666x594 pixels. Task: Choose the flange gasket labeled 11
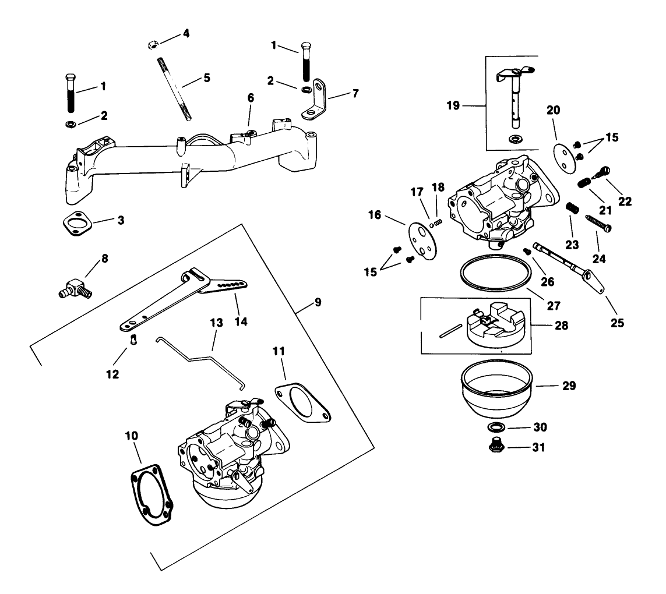point(302,401)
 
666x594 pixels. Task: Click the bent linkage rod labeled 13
point(201,358)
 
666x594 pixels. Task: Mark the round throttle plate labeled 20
point(563,150)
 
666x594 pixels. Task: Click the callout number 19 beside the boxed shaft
point(453,105)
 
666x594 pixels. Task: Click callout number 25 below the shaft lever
point(616,321)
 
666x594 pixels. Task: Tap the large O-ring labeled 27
point(495,274)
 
